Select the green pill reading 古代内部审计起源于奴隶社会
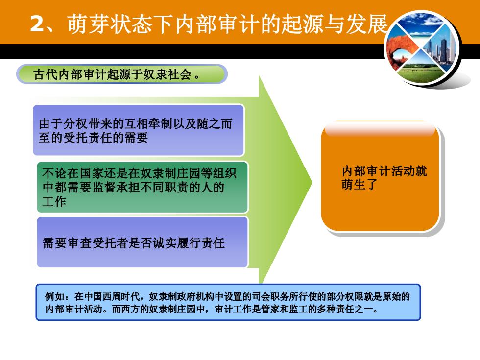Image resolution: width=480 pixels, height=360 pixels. (122, 74)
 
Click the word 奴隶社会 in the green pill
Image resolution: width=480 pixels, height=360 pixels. (167, 74)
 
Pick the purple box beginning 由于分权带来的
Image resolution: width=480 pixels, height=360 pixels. (138, 130)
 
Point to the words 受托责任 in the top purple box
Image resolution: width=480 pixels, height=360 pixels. (87, 138)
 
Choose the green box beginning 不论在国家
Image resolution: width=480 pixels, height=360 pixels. (143, 187)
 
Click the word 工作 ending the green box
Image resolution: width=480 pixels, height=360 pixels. (54, 201)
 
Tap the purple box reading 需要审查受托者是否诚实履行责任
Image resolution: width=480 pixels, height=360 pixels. (143, 242)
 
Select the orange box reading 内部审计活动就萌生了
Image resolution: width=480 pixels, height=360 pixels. (381, 176)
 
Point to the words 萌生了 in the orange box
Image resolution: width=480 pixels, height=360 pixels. (359, 185)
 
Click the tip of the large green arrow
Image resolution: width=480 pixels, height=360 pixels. (312, 183)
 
